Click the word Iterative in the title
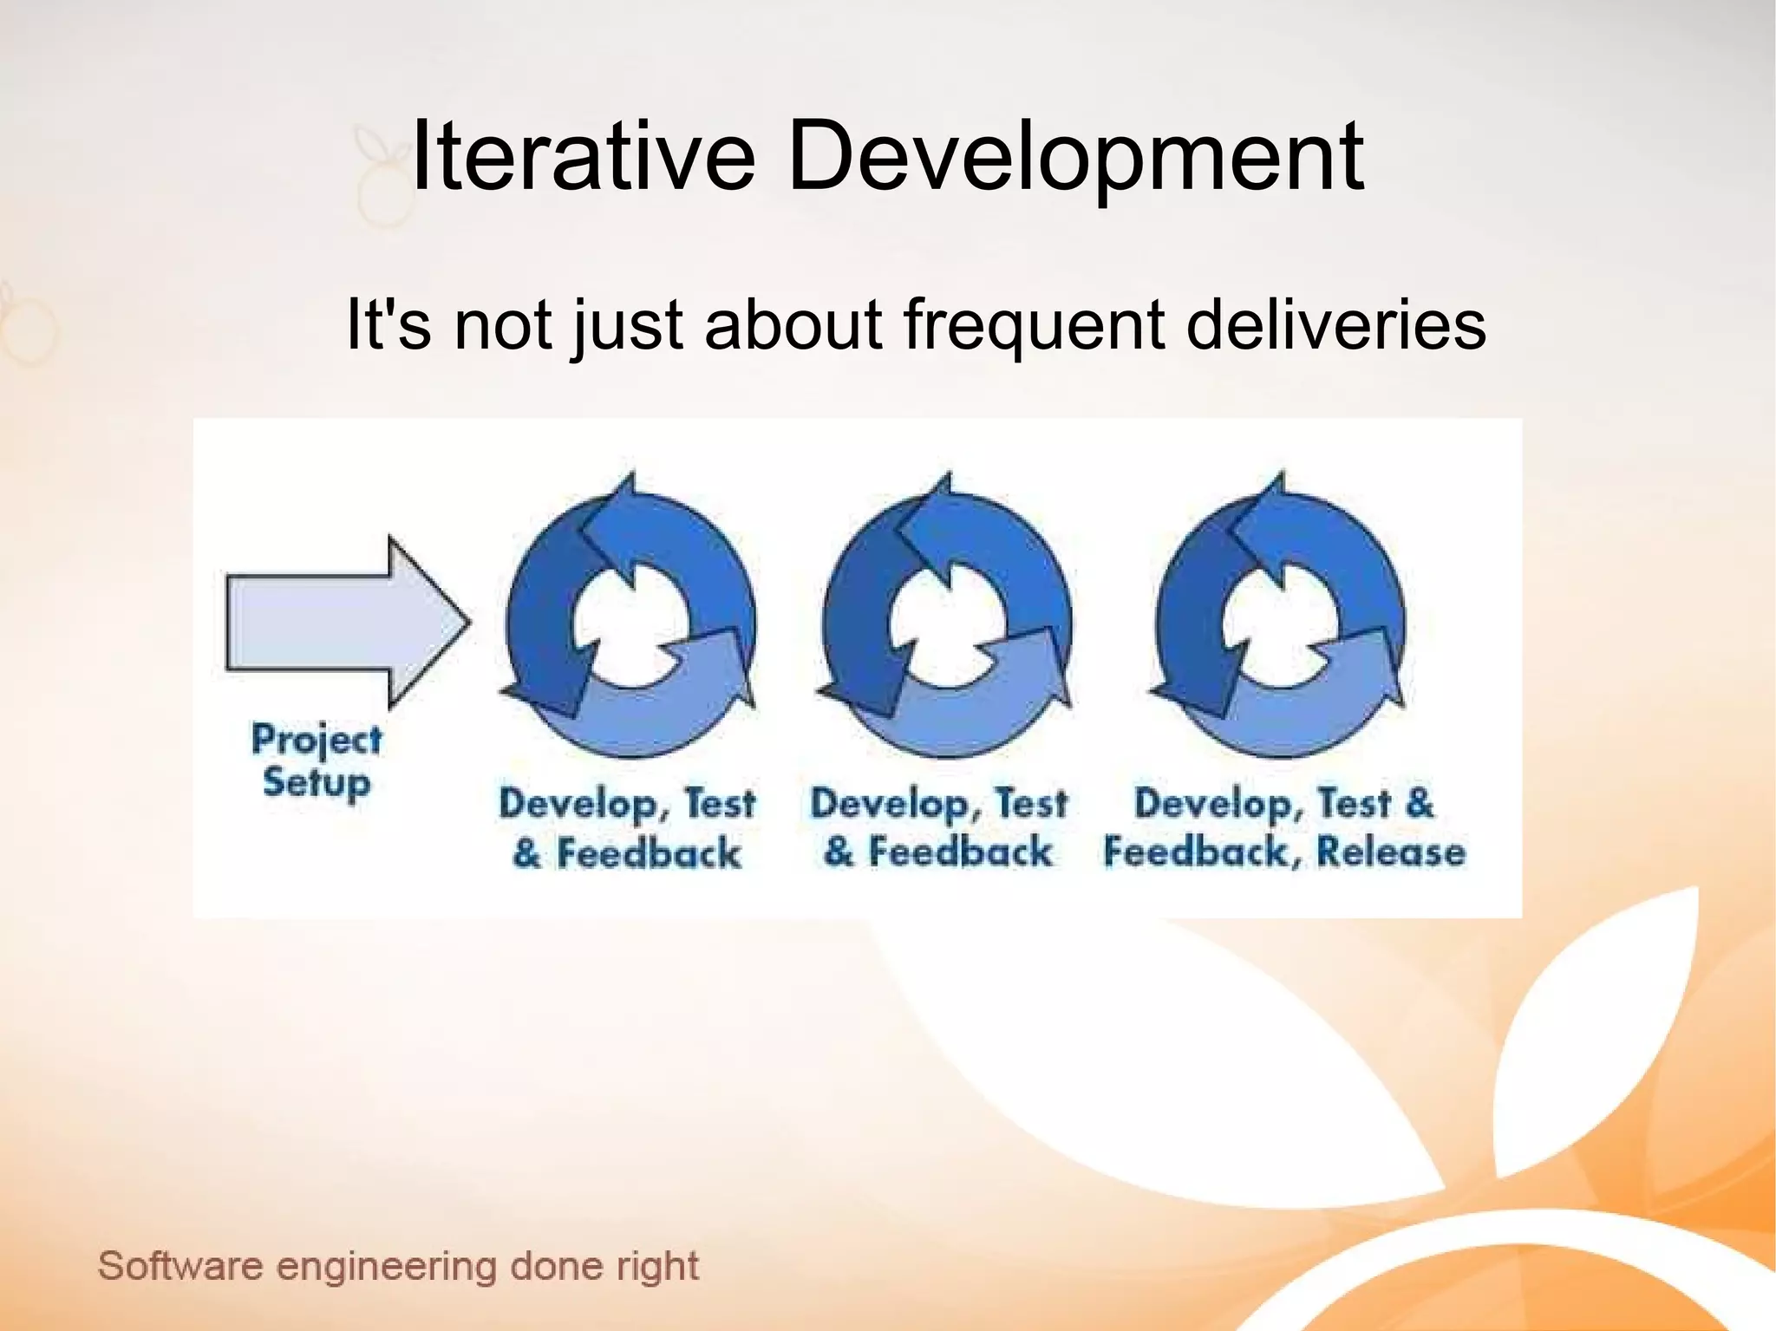coord(582,157)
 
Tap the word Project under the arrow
coord(317,740)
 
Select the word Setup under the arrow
coord(317,783)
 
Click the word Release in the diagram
coord(1390,851)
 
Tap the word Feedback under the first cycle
coord(649,853)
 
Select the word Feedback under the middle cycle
coord(960,851)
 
